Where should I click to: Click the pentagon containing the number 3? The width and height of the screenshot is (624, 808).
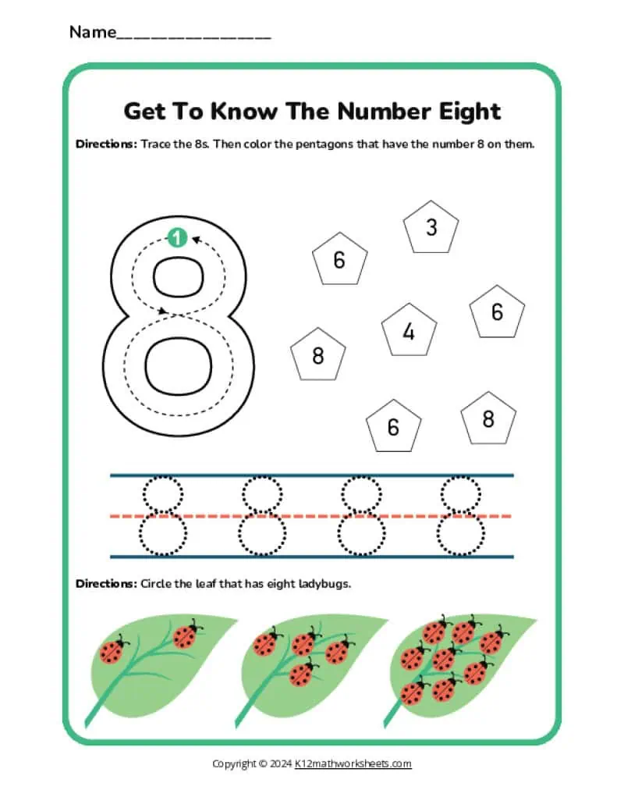tap(431, 227)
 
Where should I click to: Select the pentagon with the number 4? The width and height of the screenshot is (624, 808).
tap(409, 331)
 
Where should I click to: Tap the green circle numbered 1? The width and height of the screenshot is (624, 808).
tap(177, 237)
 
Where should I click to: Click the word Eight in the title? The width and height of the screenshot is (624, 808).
tap(470, 112)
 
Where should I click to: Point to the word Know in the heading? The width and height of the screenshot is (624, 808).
tap(243, 112)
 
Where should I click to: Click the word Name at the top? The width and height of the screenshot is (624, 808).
tap(93, 32)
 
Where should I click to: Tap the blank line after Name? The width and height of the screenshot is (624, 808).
tap(194, 37)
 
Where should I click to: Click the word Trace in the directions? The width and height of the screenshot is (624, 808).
tap(155, 144)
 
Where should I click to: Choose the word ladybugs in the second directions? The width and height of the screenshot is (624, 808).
tap(324, 584)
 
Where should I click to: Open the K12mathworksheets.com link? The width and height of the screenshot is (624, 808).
tap(353, 764)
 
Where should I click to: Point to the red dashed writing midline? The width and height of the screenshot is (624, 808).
tap(311, 516)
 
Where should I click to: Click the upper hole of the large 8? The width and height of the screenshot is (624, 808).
tap(179, 277)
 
